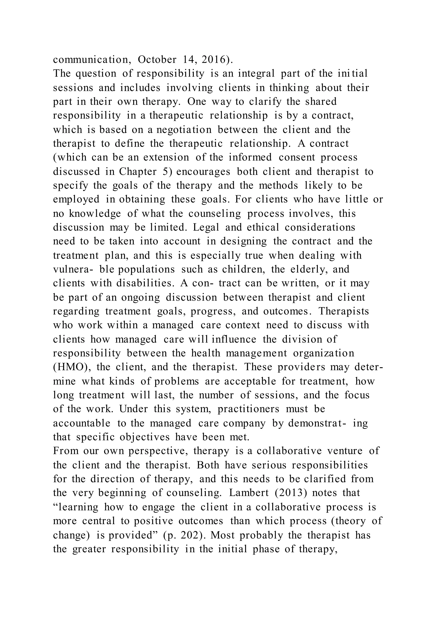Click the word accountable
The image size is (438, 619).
(81, 423)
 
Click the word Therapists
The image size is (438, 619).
(344, 311)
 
